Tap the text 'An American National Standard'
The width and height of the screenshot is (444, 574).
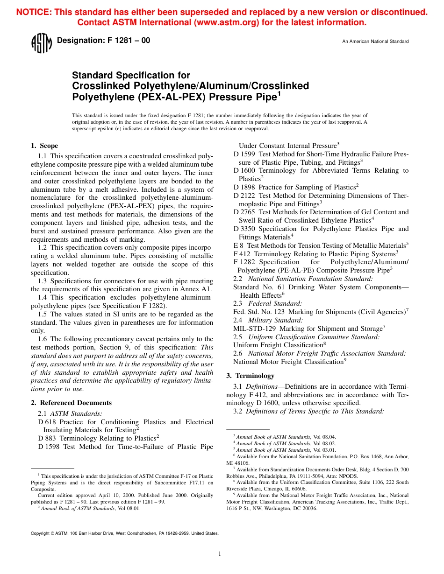[375, 42]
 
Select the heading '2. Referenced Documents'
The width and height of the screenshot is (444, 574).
[71, 403]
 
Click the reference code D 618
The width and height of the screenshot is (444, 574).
[47, 422]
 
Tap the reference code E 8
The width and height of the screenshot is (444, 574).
[238, 245]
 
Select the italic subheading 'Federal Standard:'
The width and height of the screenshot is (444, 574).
[275, 303]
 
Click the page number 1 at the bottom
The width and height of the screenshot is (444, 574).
[219, 554]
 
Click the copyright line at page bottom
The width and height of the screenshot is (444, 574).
[124, 533]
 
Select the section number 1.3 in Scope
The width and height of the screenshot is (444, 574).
[42, 281]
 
